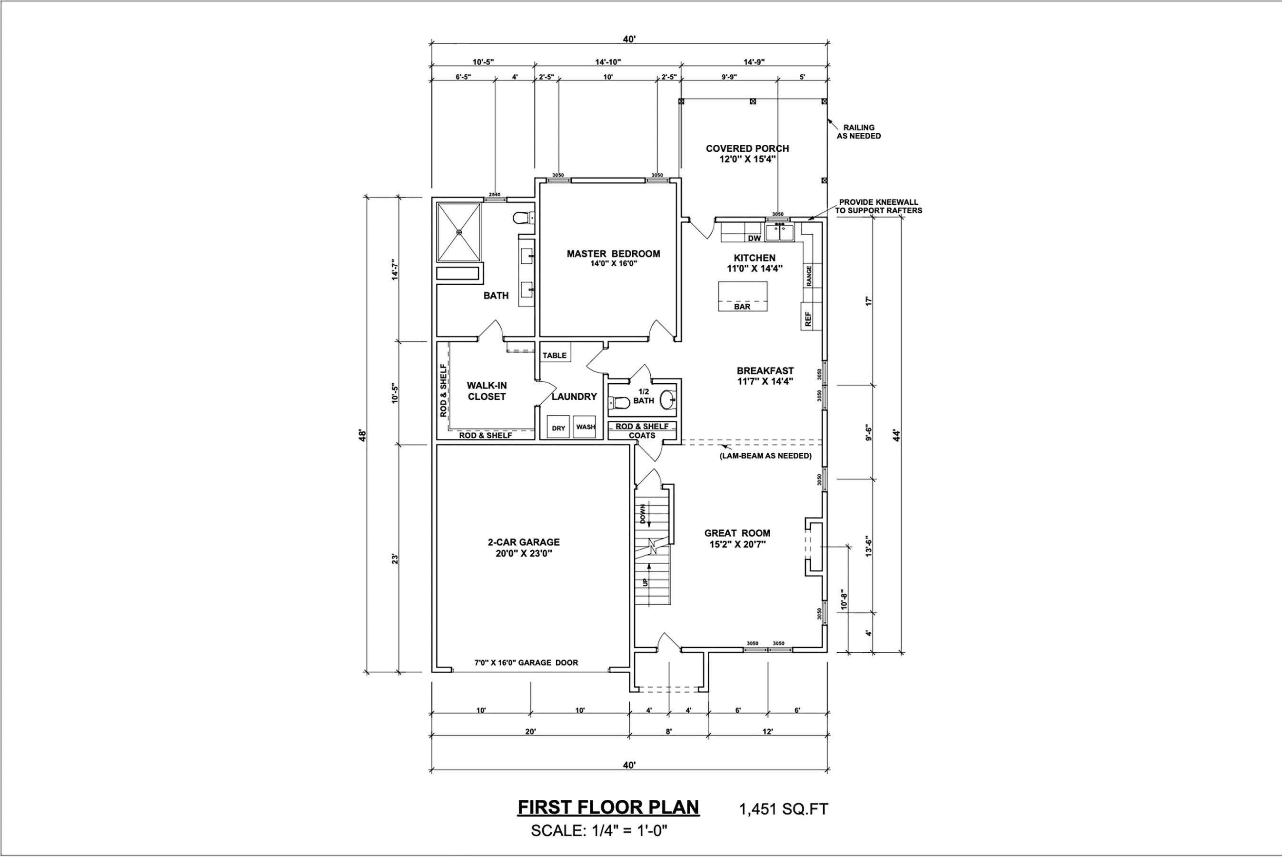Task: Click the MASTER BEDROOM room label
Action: pos(613,254)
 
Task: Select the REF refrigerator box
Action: pos(808,319)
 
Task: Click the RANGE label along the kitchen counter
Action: pos(809,276)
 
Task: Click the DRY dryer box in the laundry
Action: pos(558,428)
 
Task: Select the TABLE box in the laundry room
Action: pos(555,355)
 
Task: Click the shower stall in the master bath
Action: pos(459,232)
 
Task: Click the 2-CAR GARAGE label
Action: pos(524,542)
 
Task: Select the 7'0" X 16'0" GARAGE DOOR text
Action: pos(526,662)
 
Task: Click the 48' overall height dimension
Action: pos(362,435)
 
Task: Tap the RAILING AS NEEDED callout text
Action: pos(858,132)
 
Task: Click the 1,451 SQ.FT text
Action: pos(783,809)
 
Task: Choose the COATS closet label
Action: pos(642,436)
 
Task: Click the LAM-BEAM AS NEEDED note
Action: pos(765,456)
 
